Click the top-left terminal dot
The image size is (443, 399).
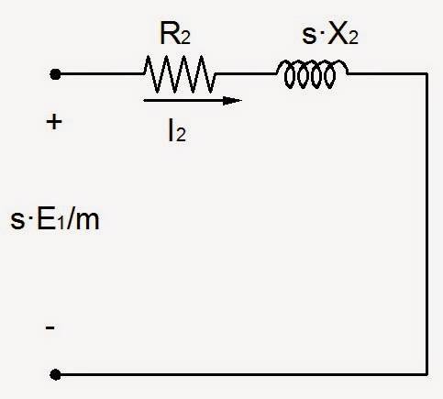(55, 74)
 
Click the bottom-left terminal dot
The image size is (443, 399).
(55, 374)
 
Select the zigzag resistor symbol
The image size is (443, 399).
(180, 74)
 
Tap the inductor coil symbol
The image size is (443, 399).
(312, 74)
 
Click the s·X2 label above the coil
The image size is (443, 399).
(330, 35)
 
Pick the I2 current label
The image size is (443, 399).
(177, 131)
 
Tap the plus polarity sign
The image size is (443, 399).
(54, 122)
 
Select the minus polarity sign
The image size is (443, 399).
(50, 328)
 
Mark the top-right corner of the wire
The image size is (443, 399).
(426, 74)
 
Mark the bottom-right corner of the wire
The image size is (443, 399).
(426, 374)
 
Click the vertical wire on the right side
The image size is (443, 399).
(426, 224)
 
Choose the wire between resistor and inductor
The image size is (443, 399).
(246, 74)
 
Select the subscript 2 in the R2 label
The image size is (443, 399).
(185, 39)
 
